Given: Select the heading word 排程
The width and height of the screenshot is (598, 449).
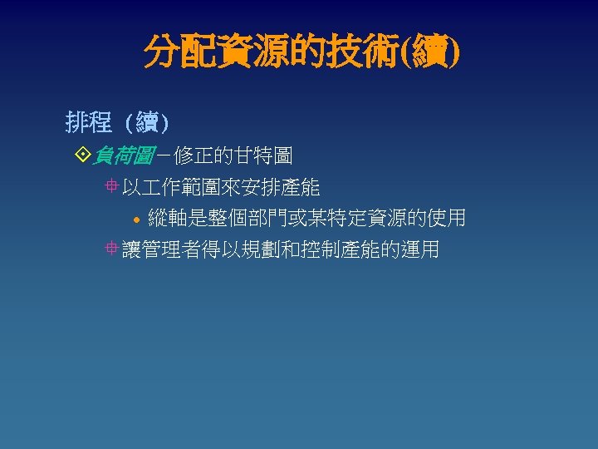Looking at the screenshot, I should [x=89, y=124].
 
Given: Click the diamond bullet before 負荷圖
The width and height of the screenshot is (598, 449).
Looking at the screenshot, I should [x=81, y=154].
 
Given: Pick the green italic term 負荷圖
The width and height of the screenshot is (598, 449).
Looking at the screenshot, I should [x=120, y=154].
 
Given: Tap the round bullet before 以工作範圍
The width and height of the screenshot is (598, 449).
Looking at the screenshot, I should [x=112, y=187].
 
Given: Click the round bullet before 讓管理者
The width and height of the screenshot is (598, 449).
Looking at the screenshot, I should [x=112, y=249].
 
